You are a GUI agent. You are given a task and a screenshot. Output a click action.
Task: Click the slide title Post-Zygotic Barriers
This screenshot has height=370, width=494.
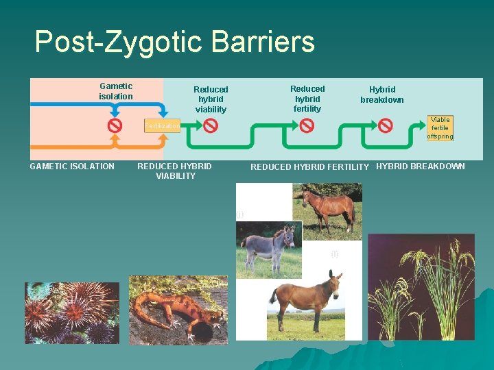coord(174,42)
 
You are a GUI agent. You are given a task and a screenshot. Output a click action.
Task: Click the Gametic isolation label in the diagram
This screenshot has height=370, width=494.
coord(116,91)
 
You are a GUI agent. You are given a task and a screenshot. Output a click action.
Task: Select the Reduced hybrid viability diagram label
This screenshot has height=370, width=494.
coord(211,99)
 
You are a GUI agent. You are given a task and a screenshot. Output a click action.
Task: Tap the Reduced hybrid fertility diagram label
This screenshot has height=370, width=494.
coord(307,99)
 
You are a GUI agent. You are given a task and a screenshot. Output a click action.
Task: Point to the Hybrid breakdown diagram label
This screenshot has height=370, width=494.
coord(382,95)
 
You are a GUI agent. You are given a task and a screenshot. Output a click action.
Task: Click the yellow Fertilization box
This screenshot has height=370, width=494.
coord(162,126)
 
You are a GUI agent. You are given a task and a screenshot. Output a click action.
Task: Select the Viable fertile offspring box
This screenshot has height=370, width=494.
coord(440,128)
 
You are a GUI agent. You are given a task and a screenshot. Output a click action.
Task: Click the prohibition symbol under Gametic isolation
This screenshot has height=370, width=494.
coord(115,126)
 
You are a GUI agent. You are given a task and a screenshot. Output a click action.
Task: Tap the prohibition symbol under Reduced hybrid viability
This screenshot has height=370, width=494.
coord(211,126)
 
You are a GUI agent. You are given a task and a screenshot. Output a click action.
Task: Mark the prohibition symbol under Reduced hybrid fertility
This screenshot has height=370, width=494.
coord(307,126)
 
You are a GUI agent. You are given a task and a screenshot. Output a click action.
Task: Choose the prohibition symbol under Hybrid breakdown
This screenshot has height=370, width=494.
coord(386,126)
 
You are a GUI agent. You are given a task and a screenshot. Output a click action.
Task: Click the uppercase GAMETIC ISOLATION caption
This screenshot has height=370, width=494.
coord(72,166)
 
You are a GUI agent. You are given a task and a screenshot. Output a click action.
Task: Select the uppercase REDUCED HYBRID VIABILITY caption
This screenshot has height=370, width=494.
coord(175,171)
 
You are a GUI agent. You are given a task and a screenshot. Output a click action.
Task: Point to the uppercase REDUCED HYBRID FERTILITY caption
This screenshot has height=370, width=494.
coord(309,167)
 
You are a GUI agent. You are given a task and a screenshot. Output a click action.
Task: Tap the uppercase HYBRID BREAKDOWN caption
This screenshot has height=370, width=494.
coord(421,166)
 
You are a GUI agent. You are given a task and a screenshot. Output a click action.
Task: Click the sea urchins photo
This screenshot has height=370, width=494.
coord(71,312)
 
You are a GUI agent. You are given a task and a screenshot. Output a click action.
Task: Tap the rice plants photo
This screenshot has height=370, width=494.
coord(421,288)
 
